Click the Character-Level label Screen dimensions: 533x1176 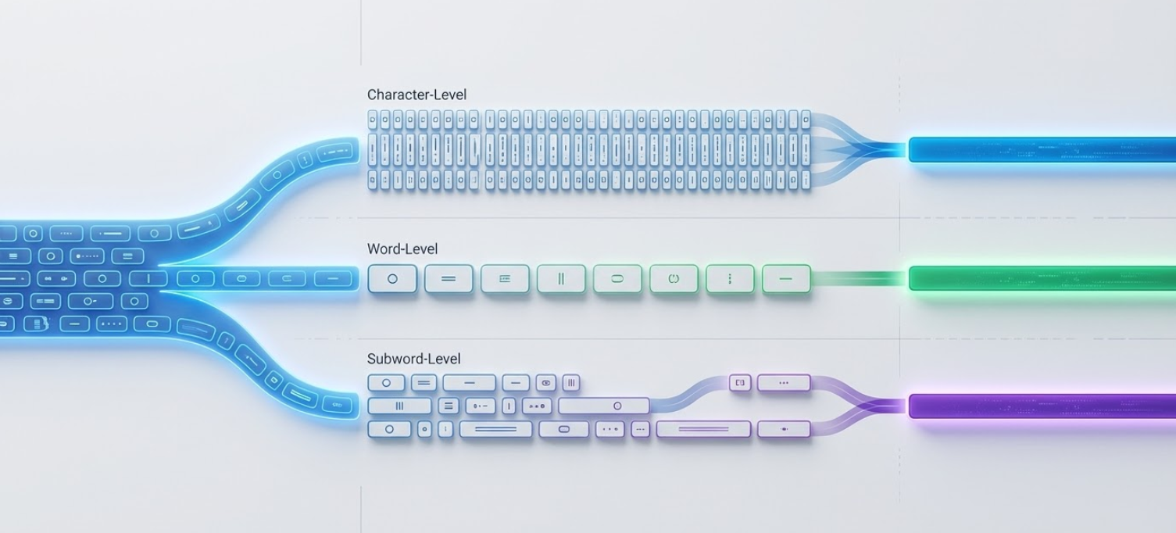coord(416,95)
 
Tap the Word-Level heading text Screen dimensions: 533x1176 coord(402,249)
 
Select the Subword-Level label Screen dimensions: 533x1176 coord(413,359)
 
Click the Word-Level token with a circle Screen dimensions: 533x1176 coord(392,279)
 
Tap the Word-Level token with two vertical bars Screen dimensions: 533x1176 coord(561,279)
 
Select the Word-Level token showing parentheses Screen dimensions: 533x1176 coord(674,279)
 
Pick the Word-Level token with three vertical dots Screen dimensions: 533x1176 coord(730,279)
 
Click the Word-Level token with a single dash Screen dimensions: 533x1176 coord(786,279)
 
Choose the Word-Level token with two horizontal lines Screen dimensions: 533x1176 coord(449,279)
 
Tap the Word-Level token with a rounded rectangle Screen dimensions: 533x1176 coord(617,279)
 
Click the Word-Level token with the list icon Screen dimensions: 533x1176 coord(505,279)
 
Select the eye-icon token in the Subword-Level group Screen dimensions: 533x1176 coord(546,383)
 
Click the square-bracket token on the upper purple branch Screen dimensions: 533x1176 coord(740,382)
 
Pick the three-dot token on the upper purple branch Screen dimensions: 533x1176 coord(784,383)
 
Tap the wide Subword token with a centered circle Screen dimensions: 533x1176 coord(603,406)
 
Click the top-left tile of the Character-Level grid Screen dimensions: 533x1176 coord(373,119)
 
